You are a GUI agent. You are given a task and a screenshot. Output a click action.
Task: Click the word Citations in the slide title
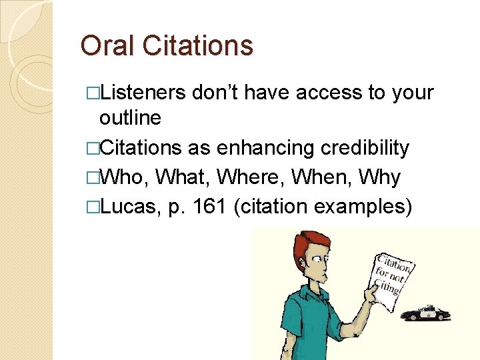click(x=193, y=46)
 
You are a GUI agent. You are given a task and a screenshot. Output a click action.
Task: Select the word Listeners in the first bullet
click(x=143, y=93)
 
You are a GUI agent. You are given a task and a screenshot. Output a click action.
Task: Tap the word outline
click(x=130, y=118)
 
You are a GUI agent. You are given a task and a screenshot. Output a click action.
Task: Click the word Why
click(x=379, y=177)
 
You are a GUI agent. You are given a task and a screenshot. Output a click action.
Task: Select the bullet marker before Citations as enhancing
click(x=94, y=148)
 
